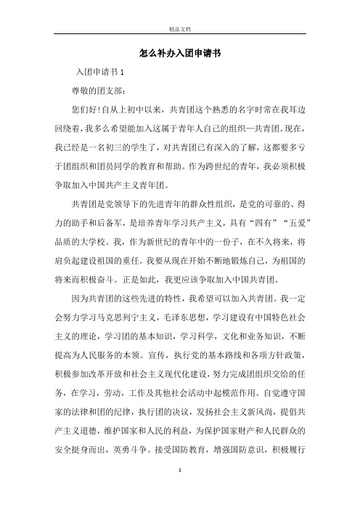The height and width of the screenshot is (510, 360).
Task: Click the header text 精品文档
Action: tap(180, 30)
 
